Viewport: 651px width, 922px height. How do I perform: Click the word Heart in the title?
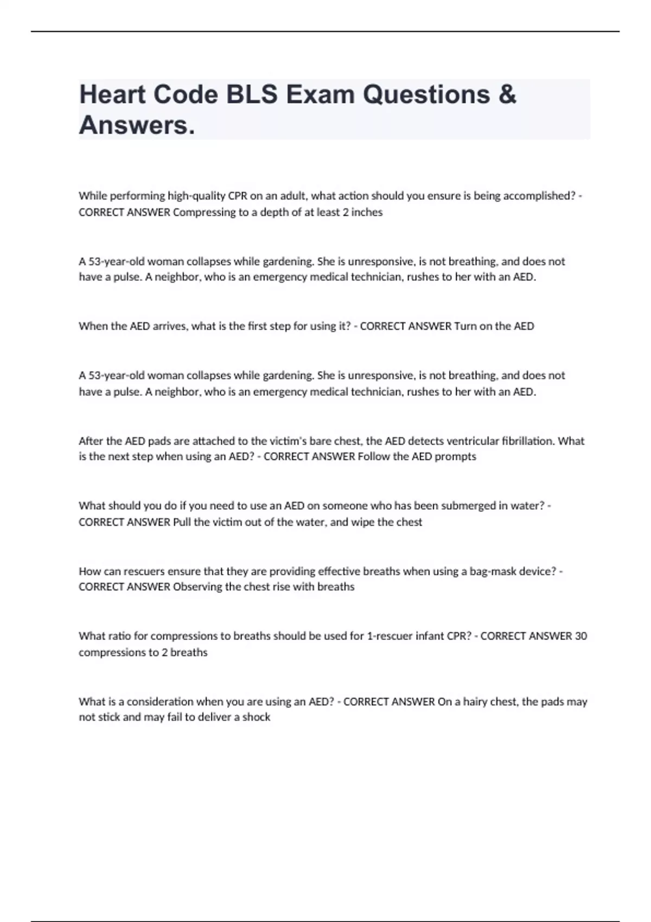(x=112, y=95)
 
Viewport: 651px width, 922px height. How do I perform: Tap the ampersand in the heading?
(x=507, y=95)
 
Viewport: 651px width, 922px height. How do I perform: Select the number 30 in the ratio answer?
(x=580, y=636)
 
